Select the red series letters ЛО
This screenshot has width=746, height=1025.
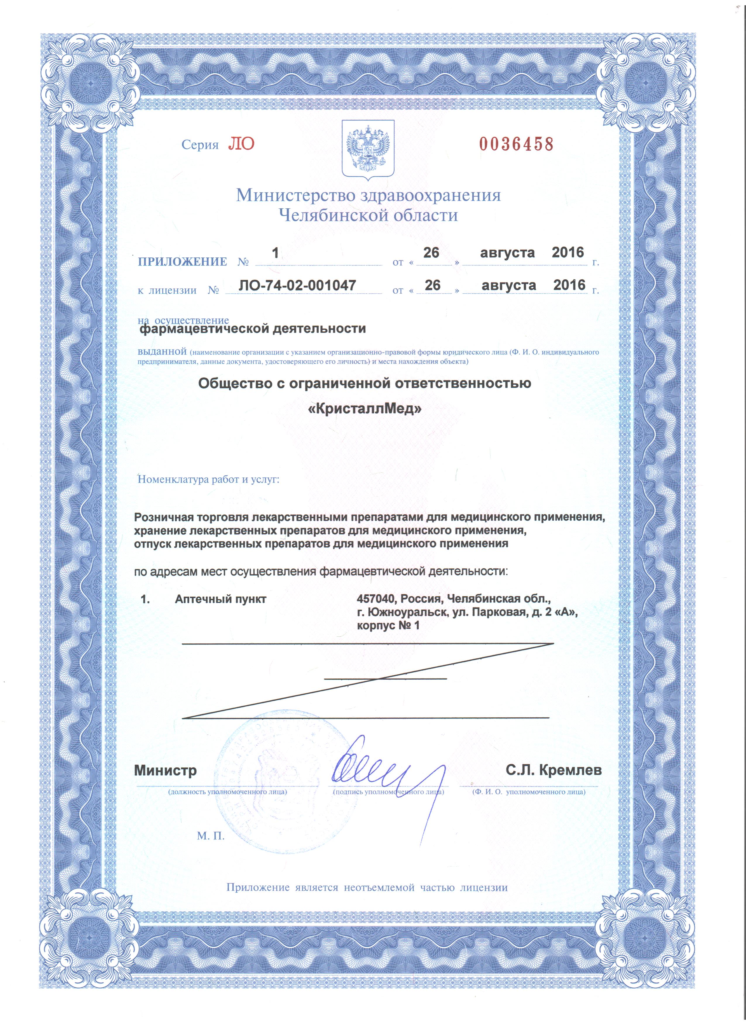click(x=241, y=144)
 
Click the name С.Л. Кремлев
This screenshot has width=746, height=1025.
click(x=554, y=770)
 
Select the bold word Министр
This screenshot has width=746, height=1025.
click(x=166, y=771)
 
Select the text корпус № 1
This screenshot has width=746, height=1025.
click(x=388, y=626)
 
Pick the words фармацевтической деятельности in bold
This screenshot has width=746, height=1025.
click(x=252, y=328)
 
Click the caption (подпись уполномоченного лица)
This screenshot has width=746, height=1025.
click(x=388, y=792)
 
